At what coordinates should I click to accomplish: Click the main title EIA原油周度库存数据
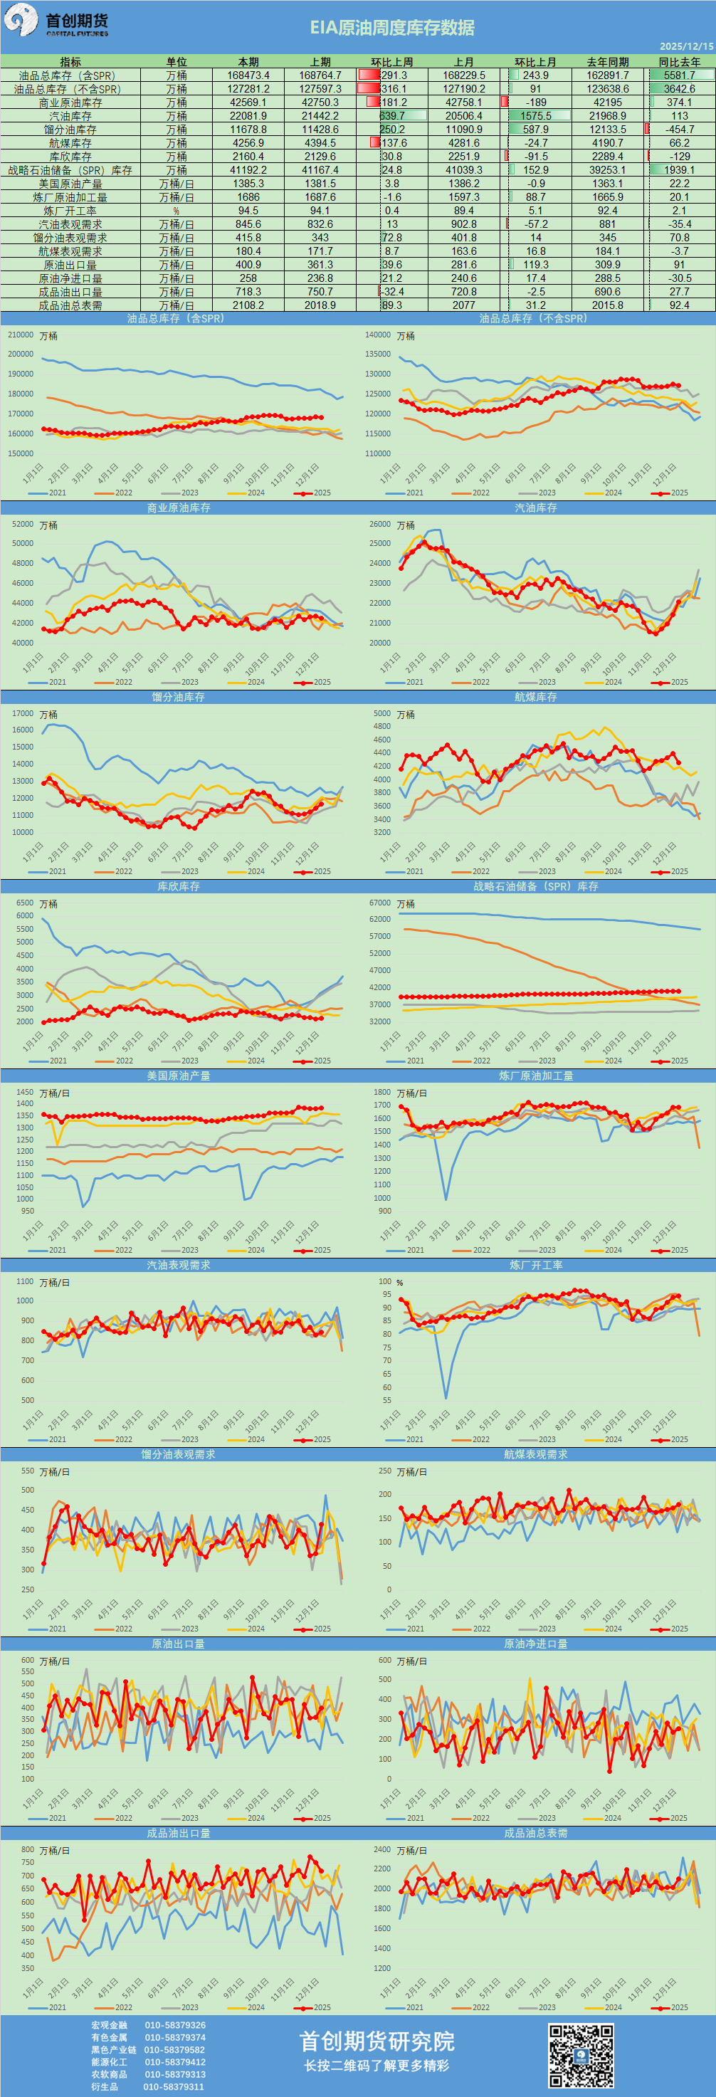coord(391,28)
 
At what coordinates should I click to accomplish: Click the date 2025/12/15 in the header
coord(686,47)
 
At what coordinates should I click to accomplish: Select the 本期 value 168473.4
coord(248,75)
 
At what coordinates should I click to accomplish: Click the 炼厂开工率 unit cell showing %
coord(176,211)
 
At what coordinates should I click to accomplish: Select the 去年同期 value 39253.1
coord(607,170)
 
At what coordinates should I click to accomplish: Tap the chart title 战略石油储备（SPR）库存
coord(535,886)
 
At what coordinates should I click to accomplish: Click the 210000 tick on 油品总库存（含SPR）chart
coord(21,335)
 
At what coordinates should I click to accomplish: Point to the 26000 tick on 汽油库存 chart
coord(379,524)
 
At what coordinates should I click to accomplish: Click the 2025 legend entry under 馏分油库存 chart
coord(314,871)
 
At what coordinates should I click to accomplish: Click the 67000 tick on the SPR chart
coord(379,903)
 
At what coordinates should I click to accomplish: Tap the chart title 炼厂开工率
coord(535,1265)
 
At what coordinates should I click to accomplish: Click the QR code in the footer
coord(580,2056)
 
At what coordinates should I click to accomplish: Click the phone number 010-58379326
coord(175,2024)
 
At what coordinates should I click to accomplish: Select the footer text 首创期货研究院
coord(376,2041)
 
